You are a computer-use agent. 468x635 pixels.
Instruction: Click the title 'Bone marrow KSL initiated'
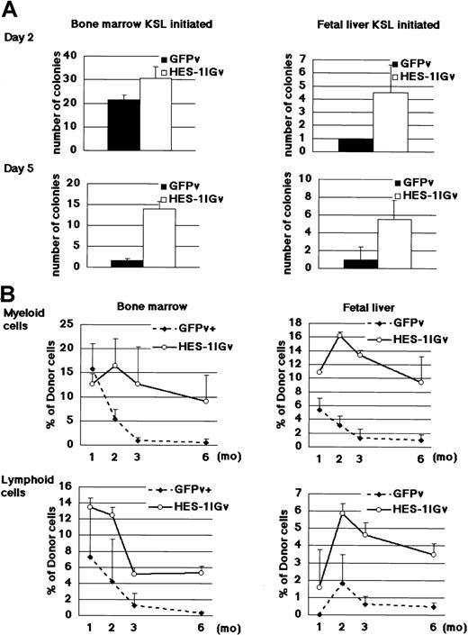point(125,18)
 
